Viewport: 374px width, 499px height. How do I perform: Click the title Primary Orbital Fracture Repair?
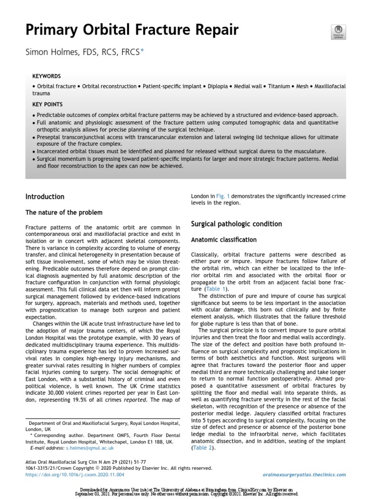coord(132,30)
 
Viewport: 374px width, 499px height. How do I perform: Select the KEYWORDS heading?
coord(46,77)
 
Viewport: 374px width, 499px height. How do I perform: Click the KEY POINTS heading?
coord(47,104)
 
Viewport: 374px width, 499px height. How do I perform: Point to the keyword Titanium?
coord(278,86)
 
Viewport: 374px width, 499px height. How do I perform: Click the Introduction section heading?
coord(45,197)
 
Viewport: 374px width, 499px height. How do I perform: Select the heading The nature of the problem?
coord(64,212)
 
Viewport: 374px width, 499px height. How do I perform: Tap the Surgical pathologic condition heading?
coord(236,224)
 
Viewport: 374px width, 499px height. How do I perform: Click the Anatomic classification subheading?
coord(224,240)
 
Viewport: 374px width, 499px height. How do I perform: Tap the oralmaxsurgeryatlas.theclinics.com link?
coord(303,475)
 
